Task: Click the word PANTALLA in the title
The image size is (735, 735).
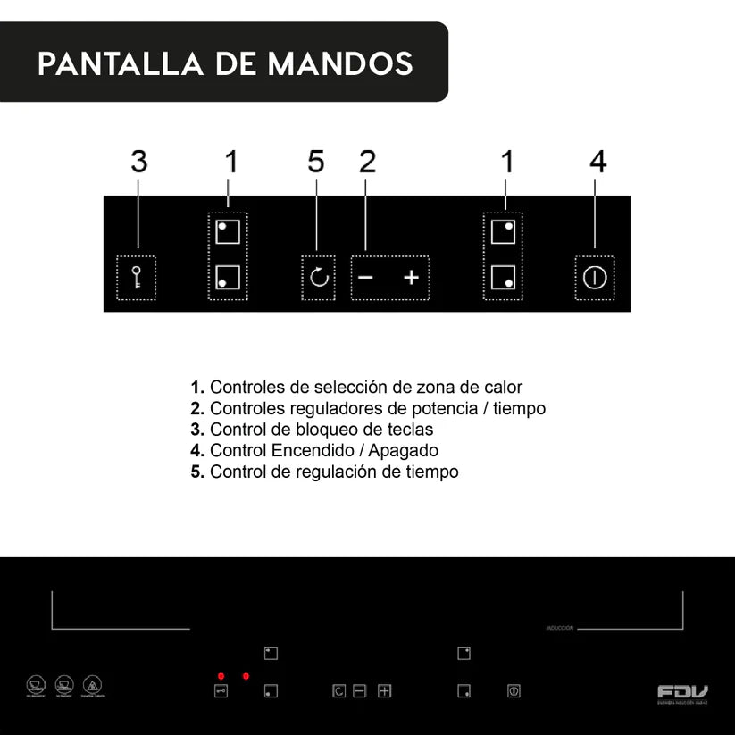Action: tap(111, 63)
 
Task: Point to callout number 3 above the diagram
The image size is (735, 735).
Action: tap(138, 162)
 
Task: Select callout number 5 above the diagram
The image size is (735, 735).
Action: tap(315, 162)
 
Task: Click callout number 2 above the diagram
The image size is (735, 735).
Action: tap(367, 162)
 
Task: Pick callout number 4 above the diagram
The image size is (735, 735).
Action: tap(597, 162)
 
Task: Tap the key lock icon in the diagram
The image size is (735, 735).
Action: tap(138, 277)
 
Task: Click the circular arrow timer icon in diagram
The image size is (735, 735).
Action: tap(319, 277)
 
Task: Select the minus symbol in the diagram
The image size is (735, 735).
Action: tap(365, 277)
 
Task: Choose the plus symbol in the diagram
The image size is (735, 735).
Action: tap(411, 277)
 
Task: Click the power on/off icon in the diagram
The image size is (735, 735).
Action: tap(594, 277)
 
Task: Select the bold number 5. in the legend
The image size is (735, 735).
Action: tap(197, 472)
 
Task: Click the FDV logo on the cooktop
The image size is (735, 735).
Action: tap(682, 691)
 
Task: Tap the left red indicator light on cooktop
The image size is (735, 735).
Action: tap(221, 676)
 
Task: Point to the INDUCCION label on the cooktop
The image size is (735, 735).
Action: tap(559, 628)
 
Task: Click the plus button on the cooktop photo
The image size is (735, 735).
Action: tap(384, 690)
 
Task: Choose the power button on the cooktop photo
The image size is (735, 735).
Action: tap(514, 690)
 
